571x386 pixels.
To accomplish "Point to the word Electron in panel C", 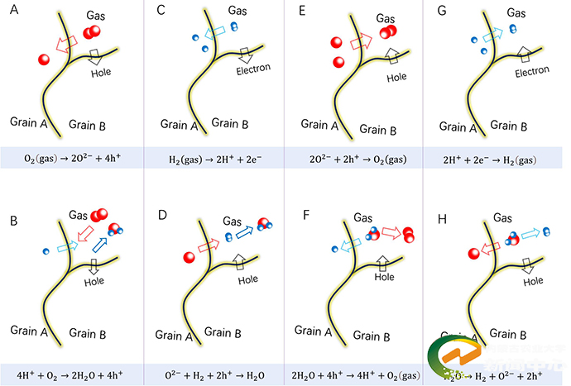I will (x=253, y=69).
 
